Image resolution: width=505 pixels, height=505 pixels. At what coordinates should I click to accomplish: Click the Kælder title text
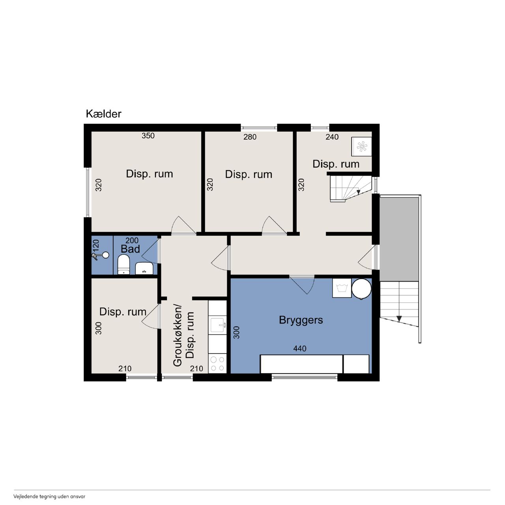103,114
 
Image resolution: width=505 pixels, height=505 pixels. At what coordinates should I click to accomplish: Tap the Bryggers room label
301,320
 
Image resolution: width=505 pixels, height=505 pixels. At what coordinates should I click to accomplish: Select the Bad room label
130,249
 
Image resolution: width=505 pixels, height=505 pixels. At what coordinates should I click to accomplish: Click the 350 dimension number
148,136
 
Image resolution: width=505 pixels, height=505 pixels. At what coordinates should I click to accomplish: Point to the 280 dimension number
250,137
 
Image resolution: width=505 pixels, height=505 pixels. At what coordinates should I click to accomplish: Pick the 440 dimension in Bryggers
300,348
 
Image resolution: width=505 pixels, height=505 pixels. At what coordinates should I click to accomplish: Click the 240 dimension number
332,137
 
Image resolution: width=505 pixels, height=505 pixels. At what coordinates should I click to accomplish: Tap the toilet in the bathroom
124,264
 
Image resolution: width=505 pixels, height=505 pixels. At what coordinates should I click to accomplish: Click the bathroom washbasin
144,268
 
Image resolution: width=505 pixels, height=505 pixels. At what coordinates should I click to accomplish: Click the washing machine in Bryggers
342,288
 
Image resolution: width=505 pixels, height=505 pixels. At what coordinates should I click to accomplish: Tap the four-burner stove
217,364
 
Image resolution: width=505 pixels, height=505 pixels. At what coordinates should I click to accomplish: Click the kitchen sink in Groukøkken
217,325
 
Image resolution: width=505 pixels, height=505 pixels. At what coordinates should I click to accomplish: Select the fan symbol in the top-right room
362,146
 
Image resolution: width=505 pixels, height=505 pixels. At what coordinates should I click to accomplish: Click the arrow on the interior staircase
358,192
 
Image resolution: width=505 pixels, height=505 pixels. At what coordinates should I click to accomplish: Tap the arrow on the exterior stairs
399,319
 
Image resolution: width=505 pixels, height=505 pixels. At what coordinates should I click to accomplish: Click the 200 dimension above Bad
132,240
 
